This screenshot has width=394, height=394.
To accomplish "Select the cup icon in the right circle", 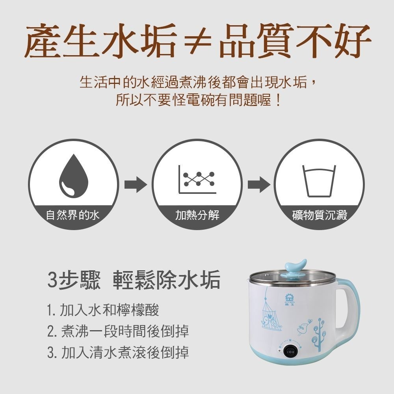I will [x=319, y=180].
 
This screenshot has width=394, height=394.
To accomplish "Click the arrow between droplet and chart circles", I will [x=135, y=184].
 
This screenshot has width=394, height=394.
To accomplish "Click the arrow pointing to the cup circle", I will [x=258, y=184].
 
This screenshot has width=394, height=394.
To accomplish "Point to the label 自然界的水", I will [x=73, y=215].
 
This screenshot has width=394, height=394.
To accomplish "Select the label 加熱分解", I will [x=197, y=215].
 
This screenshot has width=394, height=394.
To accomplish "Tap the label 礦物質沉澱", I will [x=320, y=215].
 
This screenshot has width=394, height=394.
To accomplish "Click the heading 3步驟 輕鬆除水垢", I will [x=134, y=280].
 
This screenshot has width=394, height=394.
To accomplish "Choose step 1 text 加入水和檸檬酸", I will [x=103, y=310].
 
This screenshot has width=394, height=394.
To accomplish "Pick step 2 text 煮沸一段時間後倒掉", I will [x=118, y=331].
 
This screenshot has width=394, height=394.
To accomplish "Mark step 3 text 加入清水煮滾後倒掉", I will [x=118, y=352].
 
